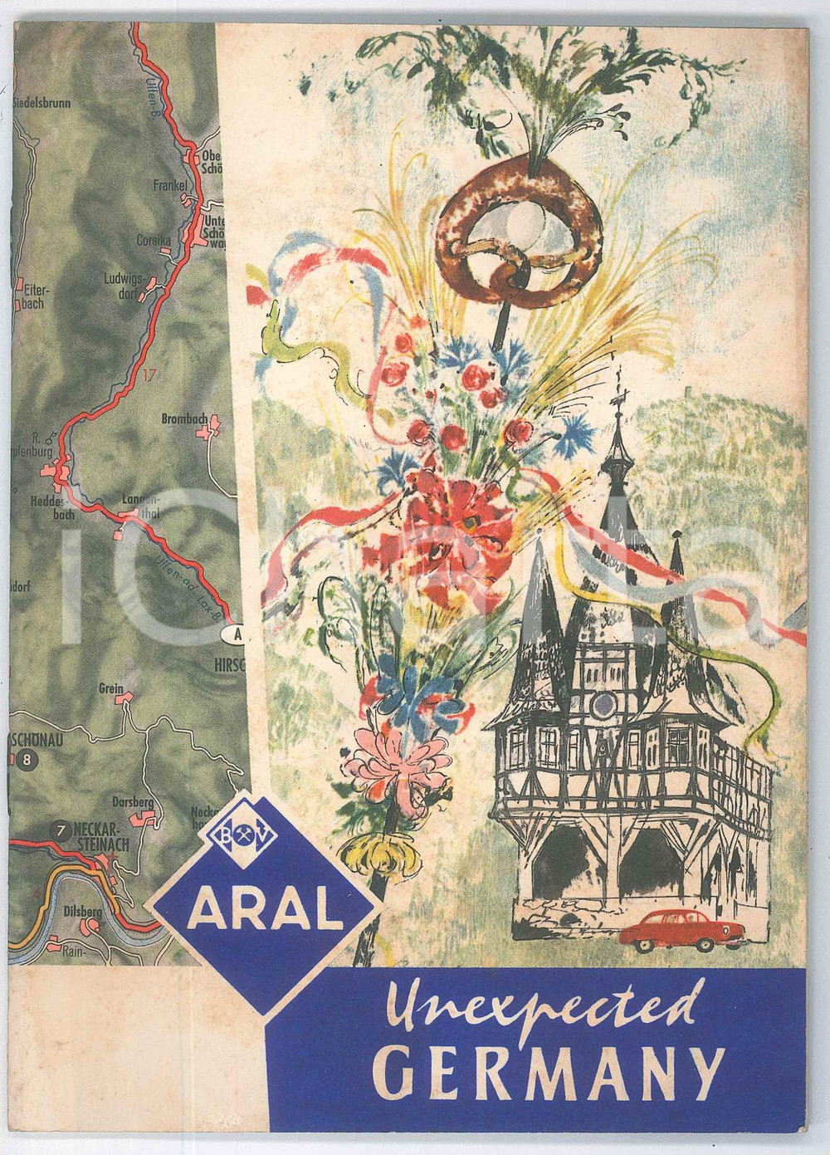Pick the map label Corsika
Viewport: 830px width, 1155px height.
[x=153, y=241]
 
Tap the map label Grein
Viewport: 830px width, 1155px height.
[x=110, y=688]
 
